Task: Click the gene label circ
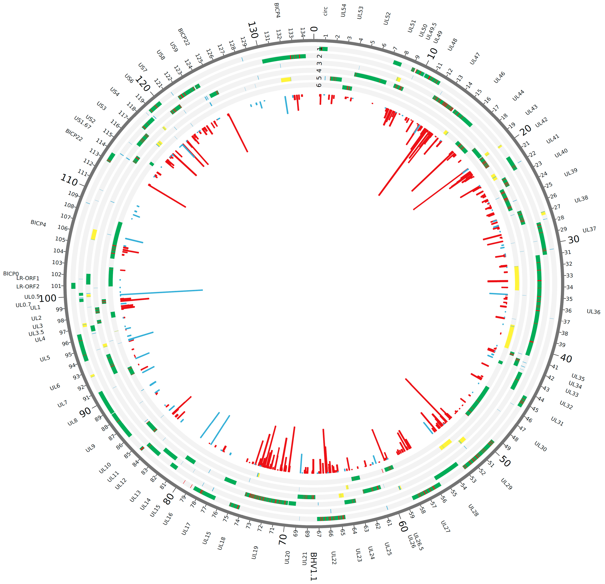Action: point(325,11)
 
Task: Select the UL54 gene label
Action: point(343,10)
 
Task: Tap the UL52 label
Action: point(387,18)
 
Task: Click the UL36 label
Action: point(593,312)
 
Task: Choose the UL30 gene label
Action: point(540,446)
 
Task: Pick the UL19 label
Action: point(254,553)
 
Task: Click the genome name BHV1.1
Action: point(314,566)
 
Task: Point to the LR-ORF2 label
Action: point(28,286)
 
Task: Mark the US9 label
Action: point(174,47)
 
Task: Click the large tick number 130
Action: point(252,30)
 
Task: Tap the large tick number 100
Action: point(48,298)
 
